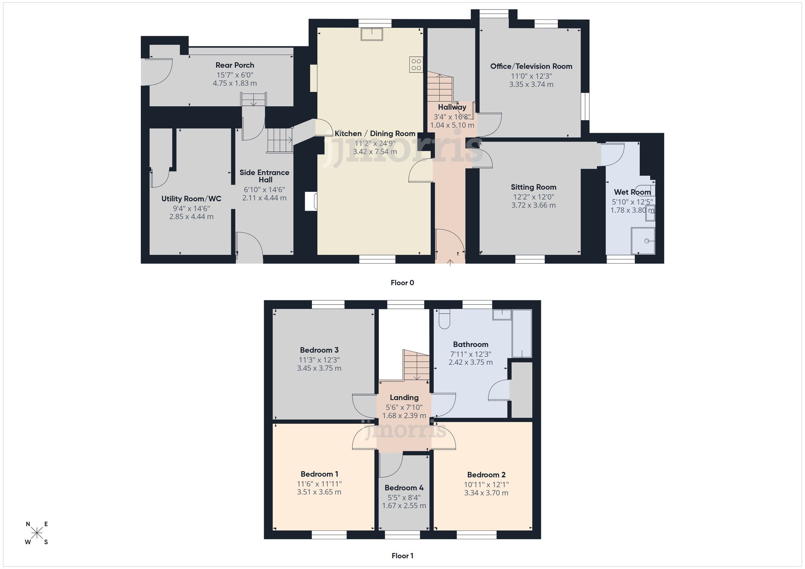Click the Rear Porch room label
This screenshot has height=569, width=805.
235,65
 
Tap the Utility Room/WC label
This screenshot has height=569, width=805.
191,199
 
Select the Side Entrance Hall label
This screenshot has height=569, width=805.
264,176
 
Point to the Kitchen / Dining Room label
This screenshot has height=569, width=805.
375,134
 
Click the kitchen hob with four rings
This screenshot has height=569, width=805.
416,65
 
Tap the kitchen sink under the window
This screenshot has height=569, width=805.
372,34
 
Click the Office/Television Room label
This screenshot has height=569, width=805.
531,66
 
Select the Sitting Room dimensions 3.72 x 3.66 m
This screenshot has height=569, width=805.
533,205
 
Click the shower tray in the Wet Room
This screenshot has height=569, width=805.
643,241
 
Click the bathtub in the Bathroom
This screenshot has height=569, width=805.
522,333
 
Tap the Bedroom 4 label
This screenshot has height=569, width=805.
404,488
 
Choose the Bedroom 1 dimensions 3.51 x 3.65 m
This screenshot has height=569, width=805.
319,492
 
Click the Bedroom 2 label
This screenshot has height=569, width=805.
486,475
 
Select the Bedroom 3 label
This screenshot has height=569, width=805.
319,350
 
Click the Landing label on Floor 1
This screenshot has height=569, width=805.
404,398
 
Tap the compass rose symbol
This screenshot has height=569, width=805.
37,533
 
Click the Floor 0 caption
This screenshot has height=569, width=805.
402,283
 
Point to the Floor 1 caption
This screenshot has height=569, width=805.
402,556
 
